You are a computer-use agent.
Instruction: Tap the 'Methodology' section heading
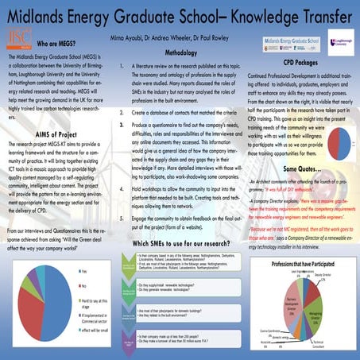[169, 52]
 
